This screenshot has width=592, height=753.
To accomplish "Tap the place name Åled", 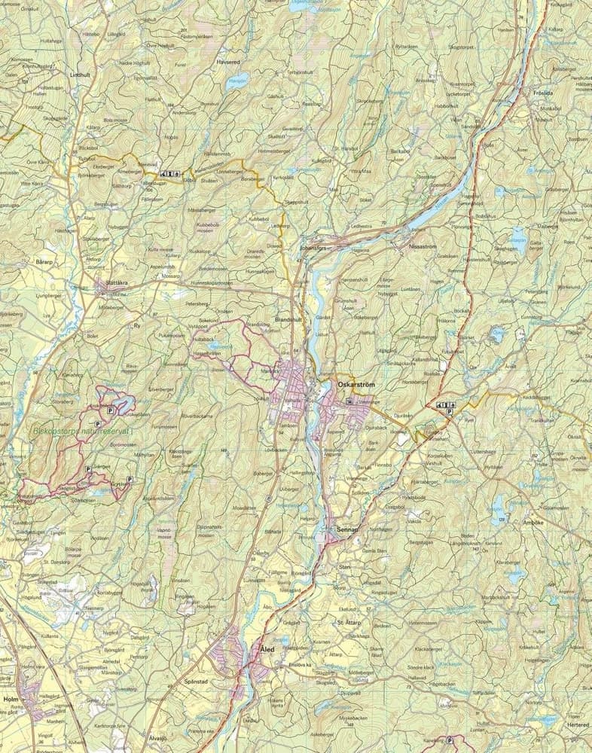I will (267, 648).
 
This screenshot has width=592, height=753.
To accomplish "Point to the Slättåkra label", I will (124, 285).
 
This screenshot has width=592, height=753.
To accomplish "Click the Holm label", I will (11, 699).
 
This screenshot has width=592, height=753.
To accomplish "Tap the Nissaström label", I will (423, 245).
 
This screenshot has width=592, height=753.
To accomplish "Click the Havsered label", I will (227, 62).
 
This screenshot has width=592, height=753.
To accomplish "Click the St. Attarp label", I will (350, 623).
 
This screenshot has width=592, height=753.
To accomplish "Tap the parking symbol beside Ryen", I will (450, 412).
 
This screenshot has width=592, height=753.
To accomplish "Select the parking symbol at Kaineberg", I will (450, 740).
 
